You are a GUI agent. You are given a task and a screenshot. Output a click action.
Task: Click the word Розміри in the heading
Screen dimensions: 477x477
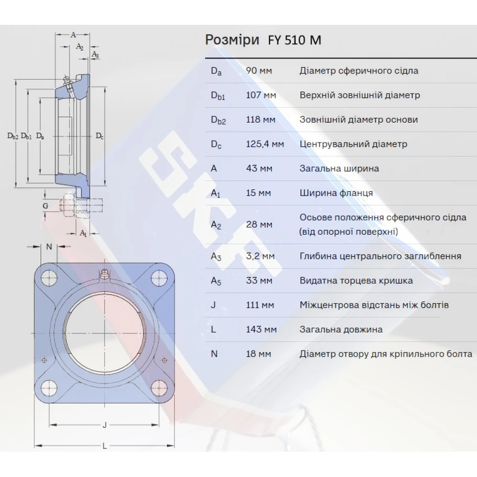point(232,40)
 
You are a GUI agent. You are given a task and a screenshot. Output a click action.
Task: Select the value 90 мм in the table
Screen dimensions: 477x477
point(259,71)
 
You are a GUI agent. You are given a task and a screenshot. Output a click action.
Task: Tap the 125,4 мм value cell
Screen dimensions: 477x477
point(265,144)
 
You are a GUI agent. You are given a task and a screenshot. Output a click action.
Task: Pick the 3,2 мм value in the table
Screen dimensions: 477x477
point(260,256)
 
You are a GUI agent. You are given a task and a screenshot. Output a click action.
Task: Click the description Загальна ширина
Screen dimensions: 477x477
point(339,168)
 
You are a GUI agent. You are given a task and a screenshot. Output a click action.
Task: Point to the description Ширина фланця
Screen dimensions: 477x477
point(336,193)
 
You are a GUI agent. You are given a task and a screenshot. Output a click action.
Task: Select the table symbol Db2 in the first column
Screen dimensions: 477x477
point(218,120)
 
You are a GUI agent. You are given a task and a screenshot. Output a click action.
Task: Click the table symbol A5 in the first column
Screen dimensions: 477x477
point(217,281)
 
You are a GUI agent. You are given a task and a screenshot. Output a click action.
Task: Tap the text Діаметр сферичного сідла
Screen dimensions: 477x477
point(359,71)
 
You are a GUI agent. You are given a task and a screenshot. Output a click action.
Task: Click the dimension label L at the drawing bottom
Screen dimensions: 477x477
point(104,446)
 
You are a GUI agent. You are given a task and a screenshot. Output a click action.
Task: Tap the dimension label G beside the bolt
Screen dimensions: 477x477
point(45,206)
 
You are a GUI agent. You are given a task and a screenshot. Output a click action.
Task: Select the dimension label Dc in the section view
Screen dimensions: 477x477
point(99,136)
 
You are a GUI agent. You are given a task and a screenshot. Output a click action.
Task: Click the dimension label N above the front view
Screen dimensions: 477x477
point(49,247)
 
